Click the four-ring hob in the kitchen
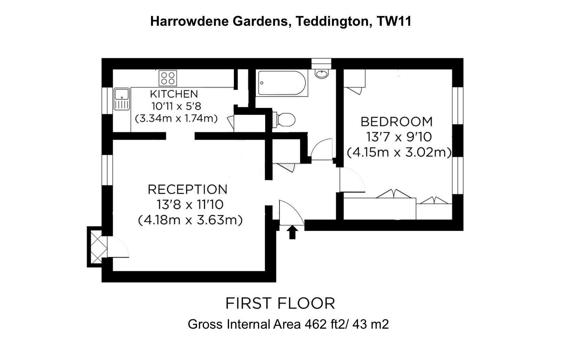point(168,78)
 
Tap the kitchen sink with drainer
point(121,99)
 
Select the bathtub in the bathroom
point(282,84)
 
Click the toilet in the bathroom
point(285,119)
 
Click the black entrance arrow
point(292,232)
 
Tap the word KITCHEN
point(174,94)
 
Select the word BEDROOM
point(396,122)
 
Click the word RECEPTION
point(188,189)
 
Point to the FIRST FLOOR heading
point(280,303)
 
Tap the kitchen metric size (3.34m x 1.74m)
point(176,118)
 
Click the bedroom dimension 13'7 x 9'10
point(399,137)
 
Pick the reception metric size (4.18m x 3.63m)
point(190,220)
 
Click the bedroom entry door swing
point(352,179)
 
